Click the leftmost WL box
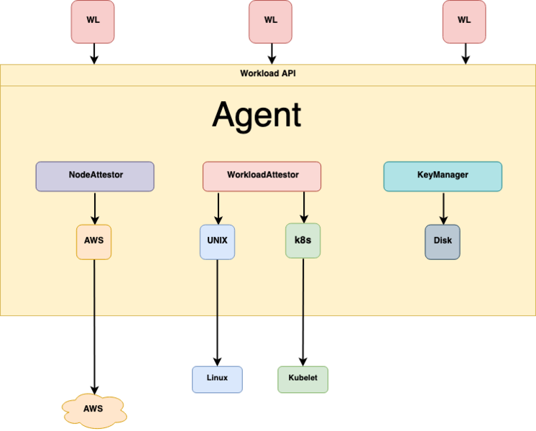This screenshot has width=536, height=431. (93, 21)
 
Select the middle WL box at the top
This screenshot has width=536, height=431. (271, 21)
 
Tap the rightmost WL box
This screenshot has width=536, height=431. (464, 21)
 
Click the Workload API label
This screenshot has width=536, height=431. (268, 74)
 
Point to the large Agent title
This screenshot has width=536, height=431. (257, 115)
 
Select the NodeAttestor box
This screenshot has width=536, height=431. (95, 176)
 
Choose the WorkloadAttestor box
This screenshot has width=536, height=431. (262, 176)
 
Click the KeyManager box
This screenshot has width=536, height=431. (443, 176)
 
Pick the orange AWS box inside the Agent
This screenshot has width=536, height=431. (93, 242)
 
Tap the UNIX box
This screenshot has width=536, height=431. (217, 242)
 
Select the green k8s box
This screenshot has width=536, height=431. (302, 242)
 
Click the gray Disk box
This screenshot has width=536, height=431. (443, 242)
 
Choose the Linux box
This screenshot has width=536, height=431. (217, 379)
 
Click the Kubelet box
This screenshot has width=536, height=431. (302, 379)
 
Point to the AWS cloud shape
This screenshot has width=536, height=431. (93, 409)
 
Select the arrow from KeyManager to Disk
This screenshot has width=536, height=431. (443, 208)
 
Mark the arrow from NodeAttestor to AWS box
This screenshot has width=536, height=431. (93, 208)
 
